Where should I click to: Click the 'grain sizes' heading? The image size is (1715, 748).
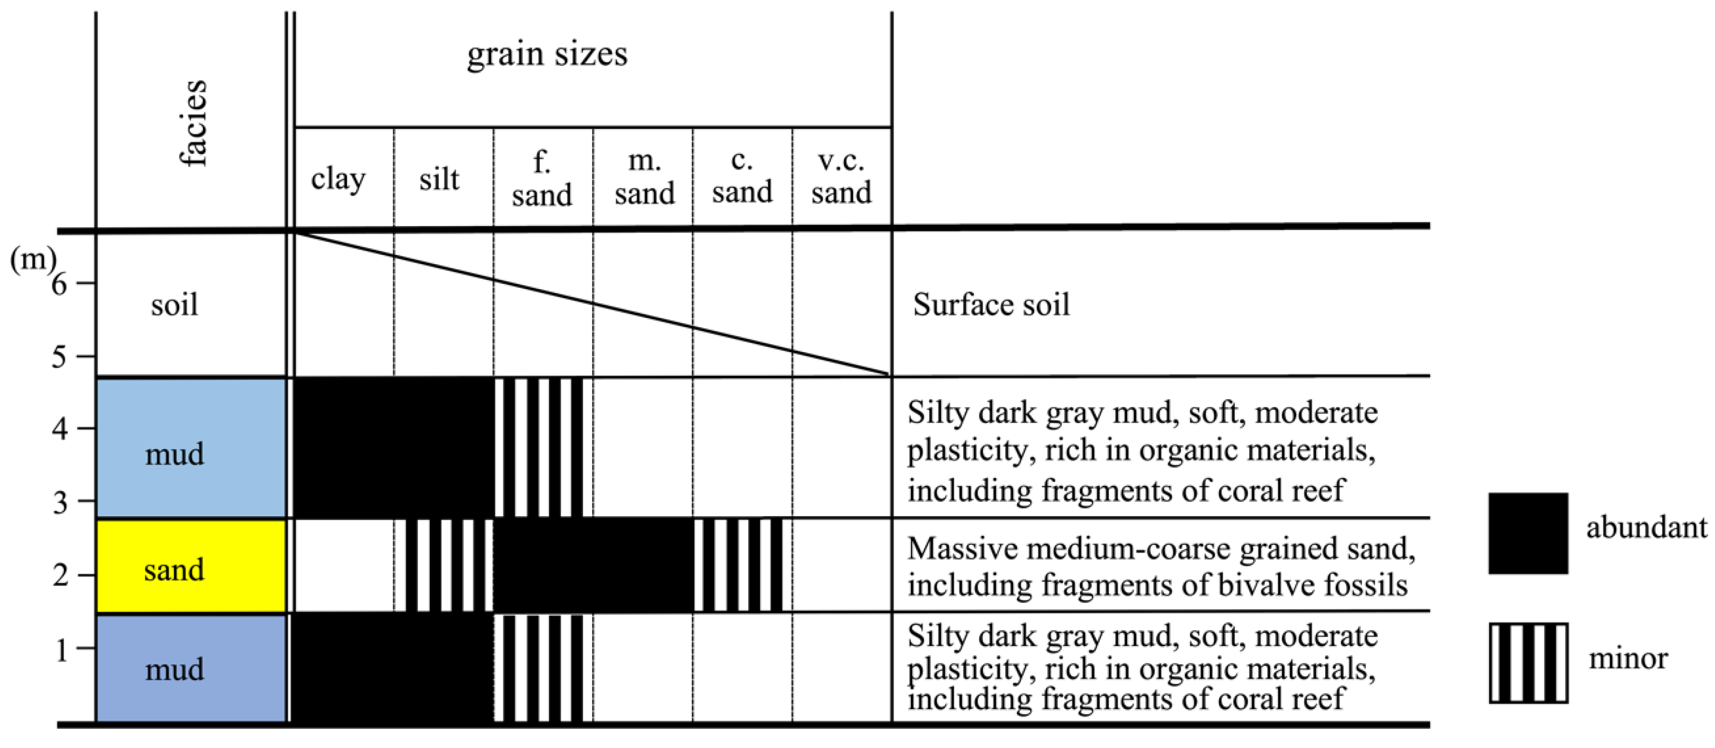(547, 54)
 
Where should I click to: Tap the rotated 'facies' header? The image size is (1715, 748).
(193, 123)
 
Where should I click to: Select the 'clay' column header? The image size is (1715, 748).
(338, 178)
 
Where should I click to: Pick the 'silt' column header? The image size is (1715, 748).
(439, 178)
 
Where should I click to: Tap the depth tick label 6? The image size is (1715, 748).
(59, 284)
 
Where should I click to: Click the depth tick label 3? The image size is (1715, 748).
(60, 502)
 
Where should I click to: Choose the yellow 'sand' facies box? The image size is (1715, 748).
(191, 566)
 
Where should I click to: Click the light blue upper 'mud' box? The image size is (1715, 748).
(191, 448)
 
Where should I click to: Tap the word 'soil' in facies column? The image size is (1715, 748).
(174, 305)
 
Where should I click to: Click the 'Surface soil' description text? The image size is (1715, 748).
(991, 305)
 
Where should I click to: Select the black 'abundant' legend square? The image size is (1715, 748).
(1528, 533)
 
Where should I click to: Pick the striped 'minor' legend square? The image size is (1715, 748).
(1528, 663)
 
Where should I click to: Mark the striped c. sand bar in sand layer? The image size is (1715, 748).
(738, 565)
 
